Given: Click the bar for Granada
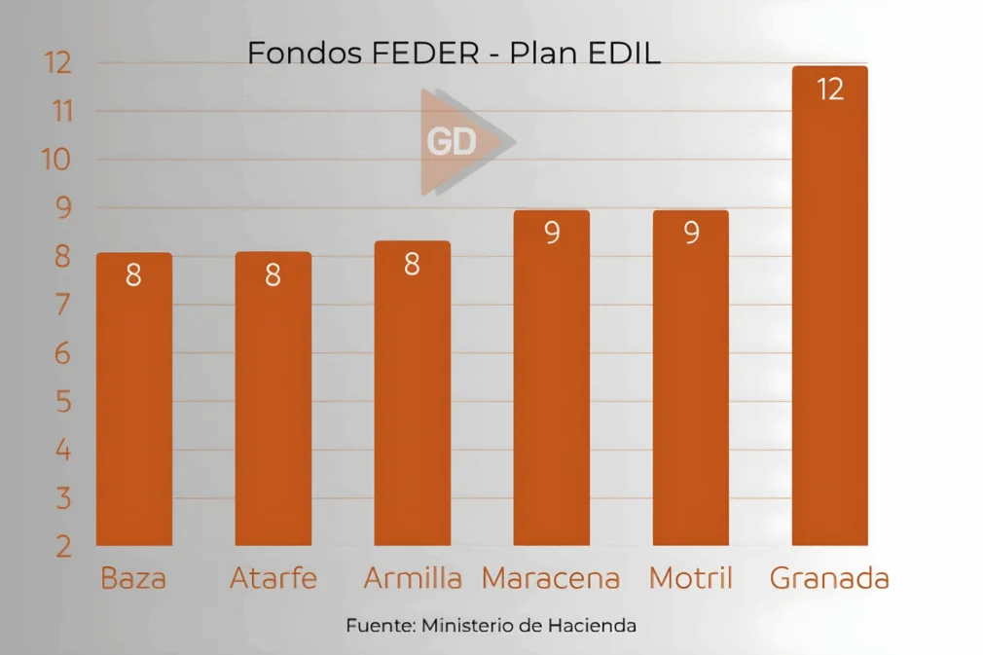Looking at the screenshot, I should pos(829,311).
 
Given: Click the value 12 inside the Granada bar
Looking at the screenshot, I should pos(829,90).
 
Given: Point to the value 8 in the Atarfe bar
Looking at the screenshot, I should pos(273,276).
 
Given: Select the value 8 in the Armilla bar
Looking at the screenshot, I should pos(412,265).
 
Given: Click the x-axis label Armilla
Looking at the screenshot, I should pos(413,578).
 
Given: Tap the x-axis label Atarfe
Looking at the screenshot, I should pos(273,578).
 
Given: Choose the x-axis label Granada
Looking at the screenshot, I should pos(829,578).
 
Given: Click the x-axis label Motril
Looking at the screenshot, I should pos(690,578).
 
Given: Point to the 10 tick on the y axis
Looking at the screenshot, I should pos(57,160).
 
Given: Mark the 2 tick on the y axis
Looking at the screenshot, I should pos(63,547).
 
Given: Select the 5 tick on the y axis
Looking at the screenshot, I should pos(63,402).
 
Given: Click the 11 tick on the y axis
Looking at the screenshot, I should pos(57,112).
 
